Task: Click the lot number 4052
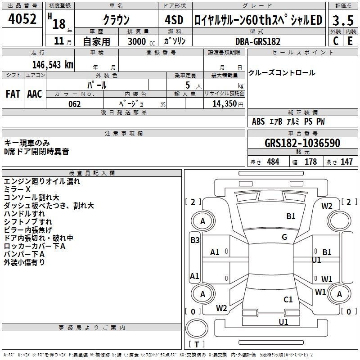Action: pos(22,19)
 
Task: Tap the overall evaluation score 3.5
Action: pos(343,20)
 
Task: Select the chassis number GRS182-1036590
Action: pos(302,143)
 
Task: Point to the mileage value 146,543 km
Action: pos(53,65)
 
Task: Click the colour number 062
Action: pos(74,104)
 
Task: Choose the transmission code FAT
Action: pos(13,94)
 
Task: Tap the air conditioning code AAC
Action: pos(35,94)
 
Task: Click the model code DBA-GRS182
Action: pos(258,41)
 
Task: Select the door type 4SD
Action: pos(174,20)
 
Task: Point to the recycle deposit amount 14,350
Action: pos(225,104)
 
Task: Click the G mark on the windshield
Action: pos(284,237)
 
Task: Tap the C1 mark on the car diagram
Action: pos(288,300)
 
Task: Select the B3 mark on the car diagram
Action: pos(195,240)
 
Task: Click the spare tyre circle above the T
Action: pos(197,328)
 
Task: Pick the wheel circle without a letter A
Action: pos(339,221)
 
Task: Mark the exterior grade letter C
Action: pos(336,41)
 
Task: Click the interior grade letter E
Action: pos(350,41)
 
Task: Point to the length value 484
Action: pos(273,162)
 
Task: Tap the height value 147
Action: pos(346,162)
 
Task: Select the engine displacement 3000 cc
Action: pos(141,41)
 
